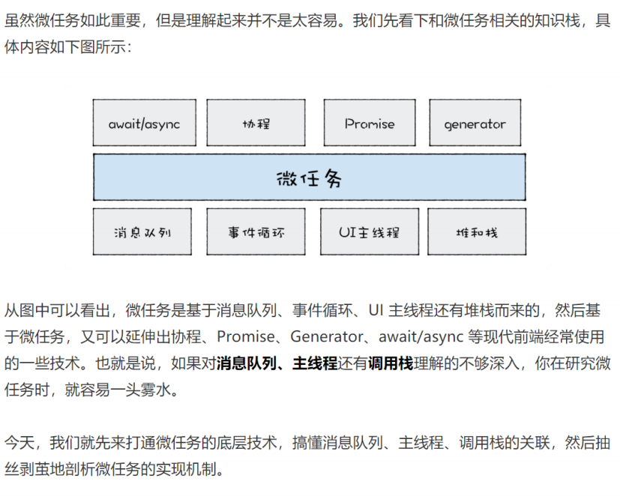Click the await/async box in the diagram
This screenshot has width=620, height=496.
144,124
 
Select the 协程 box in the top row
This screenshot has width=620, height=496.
256,124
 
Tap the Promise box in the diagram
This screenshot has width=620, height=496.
370,124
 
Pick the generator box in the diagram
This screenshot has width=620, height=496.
475,124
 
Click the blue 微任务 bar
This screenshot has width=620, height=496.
309,178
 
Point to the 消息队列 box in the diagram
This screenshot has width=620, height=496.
142,232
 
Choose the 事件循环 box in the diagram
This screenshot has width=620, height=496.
256,232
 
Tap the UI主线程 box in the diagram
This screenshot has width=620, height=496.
369,232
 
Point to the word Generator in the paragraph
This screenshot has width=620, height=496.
324,337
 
